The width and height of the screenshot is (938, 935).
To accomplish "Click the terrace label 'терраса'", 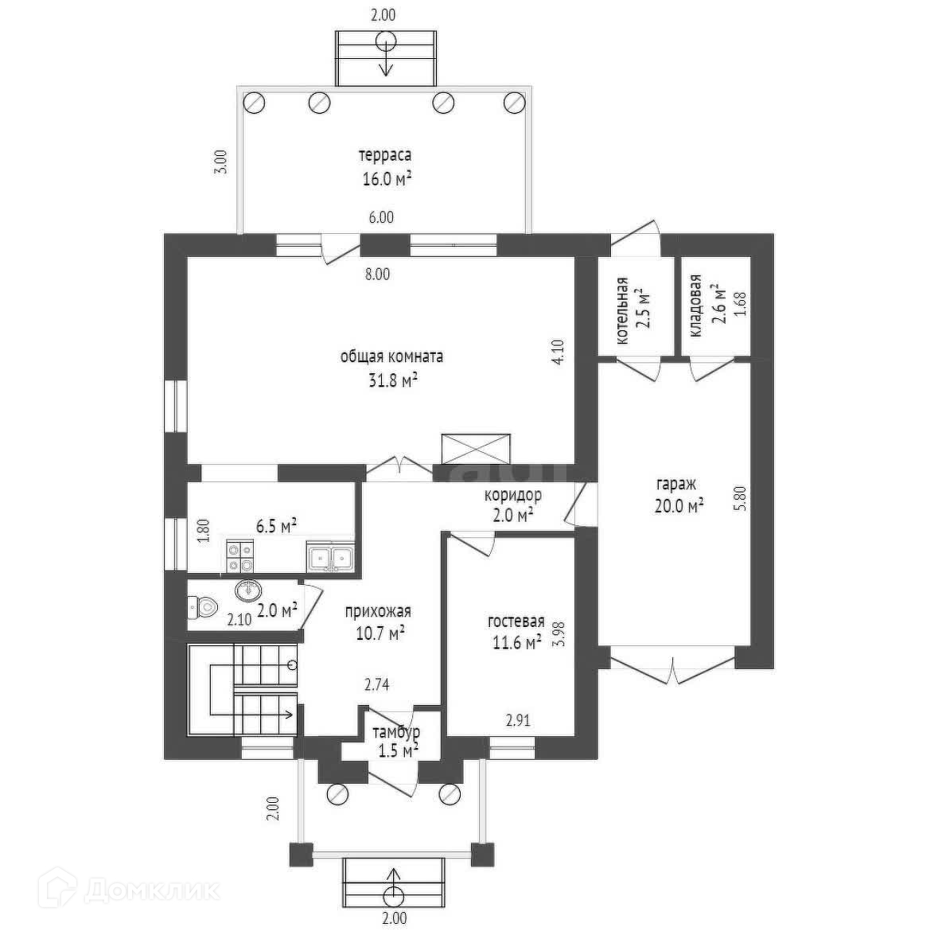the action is (387, 155).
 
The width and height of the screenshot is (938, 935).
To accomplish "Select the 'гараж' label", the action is (676, 484).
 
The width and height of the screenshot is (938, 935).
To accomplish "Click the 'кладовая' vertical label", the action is (695, 306).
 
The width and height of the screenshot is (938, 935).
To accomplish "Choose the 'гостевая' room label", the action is (516, 621).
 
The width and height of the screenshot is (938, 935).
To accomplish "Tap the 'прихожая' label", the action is (377, 611).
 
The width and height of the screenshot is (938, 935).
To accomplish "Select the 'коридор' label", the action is (513, 496).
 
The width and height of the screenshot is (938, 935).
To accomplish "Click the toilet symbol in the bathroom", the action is (202, 607).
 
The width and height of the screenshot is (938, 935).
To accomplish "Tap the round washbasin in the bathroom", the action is (248, 590).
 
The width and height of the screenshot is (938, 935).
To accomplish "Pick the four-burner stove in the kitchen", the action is (239, 555).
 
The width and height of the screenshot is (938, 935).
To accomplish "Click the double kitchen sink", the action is (330, 556).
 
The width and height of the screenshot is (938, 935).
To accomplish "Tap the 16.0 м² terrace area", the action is (387, 179).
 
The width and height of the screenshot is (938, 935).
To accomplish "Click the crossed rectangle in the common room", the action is (476, 447).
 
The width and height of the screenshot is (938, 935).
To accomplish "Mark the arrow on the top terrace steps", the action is (386, 56).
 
